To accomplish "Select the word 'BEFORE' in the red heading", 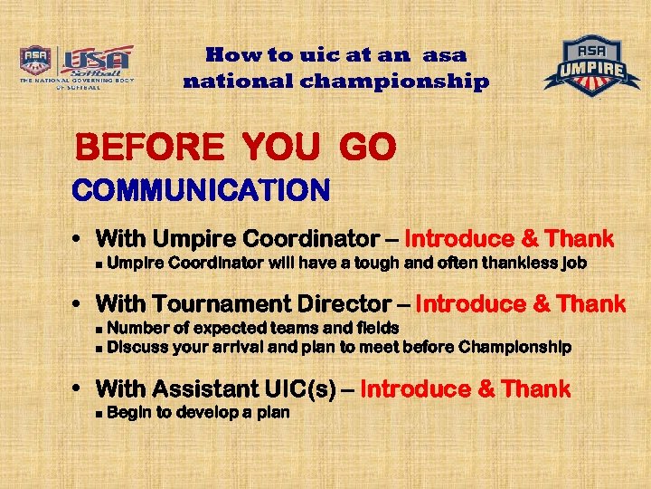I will click(x=148, y=148).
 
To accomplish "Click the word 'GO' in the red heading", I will click(x=367, y=148).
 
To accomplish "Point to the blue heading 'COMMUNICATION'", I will click(x=201, y=191).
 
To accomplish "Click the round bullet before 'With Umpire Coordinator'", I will click(x=79, y=240).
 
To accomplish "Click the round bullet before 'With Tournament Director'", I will click(x=79, y=303).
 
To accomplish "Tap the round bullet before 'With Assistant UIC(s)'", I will click(x=79, y=390).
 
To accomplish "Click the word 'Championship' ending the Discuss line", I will click(x=516, y=347).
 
